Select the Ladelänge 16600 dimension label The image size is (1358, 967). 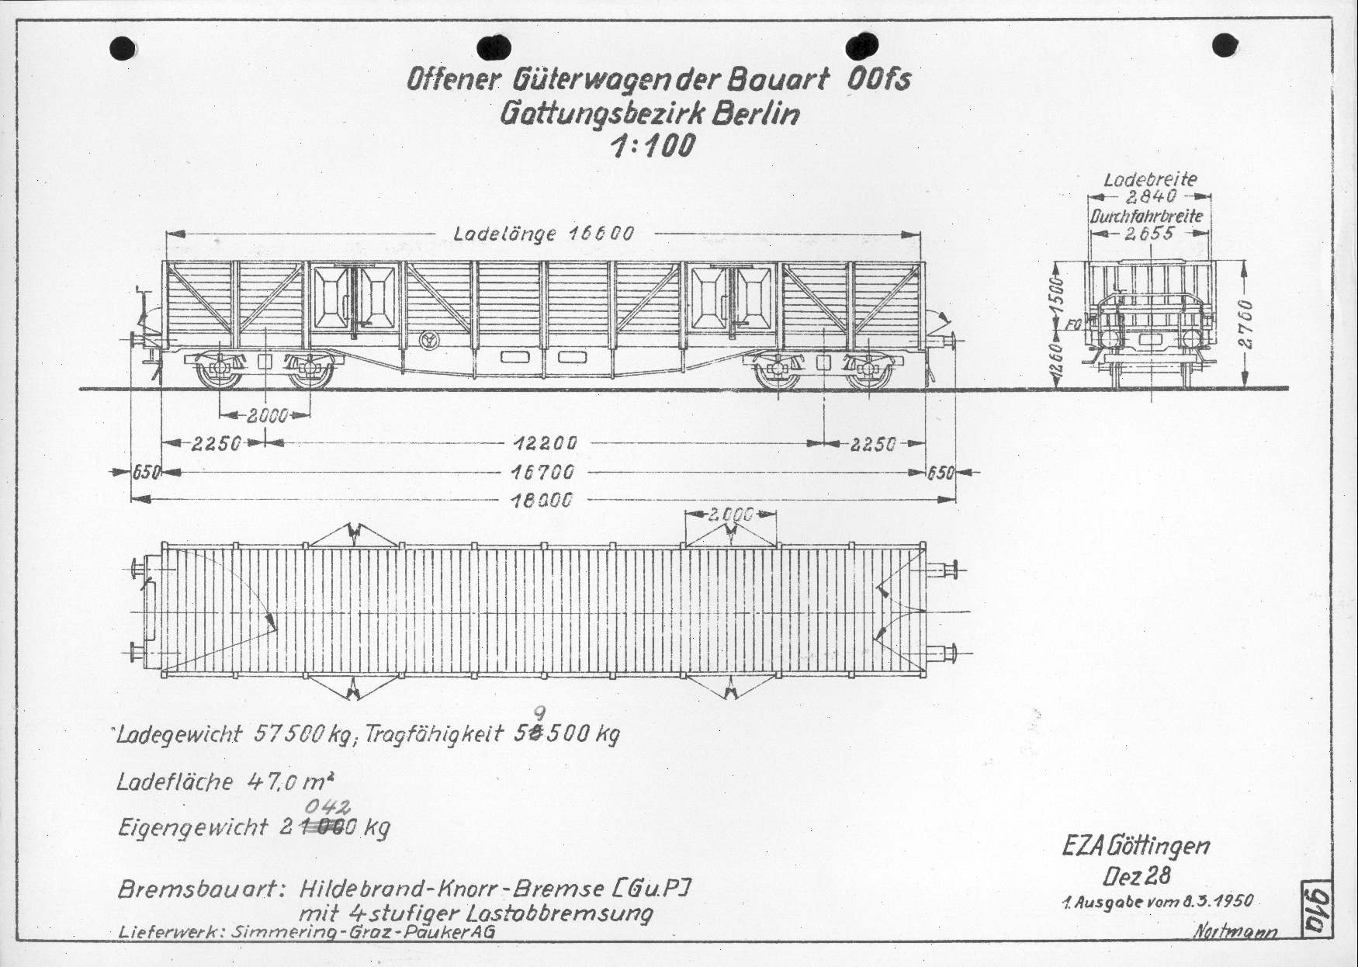543,233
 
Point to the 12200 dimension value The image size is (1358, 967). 544,443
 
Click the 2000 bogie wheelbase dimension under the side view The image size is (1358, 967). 267,415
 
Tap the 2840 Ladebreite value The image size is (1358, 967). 1151,197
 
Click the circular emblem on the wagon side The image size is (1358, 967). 428,339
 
